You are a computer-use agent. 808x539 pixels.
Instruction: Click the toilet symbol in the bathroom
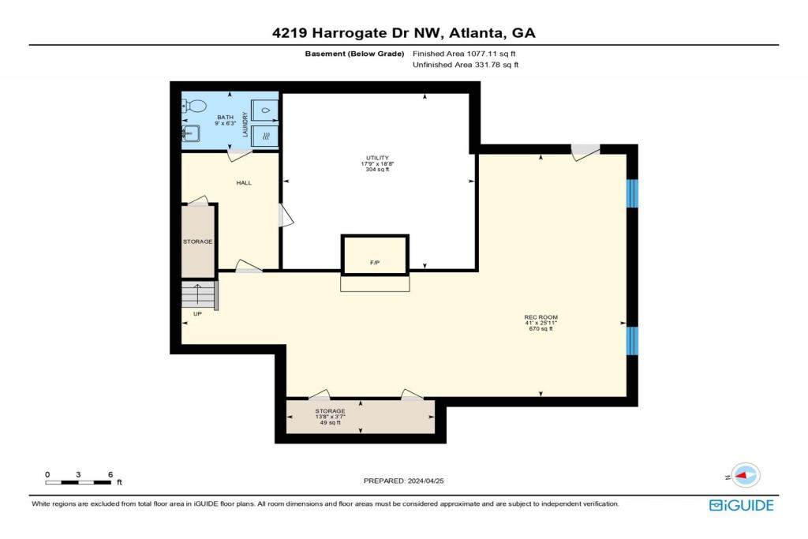pos(196,106)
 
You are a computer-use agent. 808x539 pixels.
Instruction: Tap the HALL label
pos(244,183)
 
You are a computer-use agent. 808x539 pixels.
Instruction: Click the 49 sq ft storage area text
pos(330,423)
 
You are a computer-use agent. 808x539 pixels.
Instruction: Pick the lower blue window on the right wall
pos(631,340)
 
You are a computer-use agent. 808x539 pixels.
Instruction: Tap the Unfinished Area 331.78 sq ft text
pos(465,65)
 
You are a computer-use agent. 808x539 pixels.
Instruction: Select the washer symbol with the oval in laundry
pos(266,110)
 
